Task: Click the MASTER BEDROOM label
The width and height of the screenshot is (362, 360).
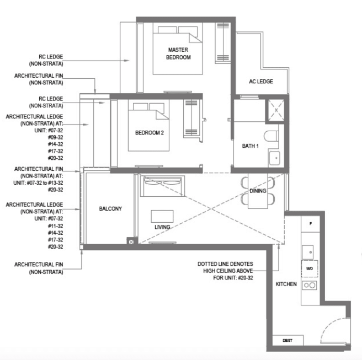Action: [x=178, y=53]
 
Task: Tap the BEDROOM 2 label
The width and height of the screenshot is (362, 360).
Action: [x=150, y=133]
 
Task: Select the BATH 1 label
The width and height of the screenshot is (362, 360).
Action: [x=251, y=146]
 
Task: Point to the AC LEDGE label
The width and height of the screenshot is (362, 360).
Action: [x=261, y=82]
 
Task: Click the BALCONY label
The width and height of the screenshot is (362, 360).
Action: [x=110, y=209]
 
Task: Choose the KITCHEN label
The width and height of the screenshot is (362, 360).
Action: [x=286, y=284]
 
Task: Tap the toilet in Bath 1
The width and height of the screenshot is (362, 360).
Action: [x=271, y=136]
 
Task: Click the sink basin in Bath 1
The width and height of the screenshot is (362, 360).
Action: [x=274, y=158]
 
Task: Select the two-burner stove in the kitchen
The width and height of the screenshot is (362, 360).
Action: [x=310, y=285]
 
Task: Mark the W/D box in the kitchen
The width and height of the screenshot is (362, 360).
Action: [x=310, y=268]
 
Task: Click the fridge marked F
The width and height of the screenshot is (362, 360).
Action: [x=311, y=224]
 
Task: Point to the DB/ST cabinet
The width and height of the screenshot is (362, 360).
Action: [x=288, y=340]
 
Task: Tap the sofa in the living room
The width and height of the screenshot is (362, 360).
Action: [x=163, y=186]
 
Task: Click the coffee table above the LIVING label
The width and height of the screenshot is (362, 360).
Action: [x=162, y=216]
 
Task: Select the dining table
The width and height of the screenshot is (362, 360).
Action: [x=258, y=191]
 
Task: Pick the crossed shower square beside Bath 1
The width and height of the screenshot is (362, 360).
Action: [x=276, y=110]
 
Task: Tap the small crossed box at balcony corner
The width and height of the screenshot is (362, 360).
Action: [x=131, y=242]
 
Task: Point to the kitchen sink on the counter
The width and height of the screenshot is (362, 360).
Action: [x=308, y=252]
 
